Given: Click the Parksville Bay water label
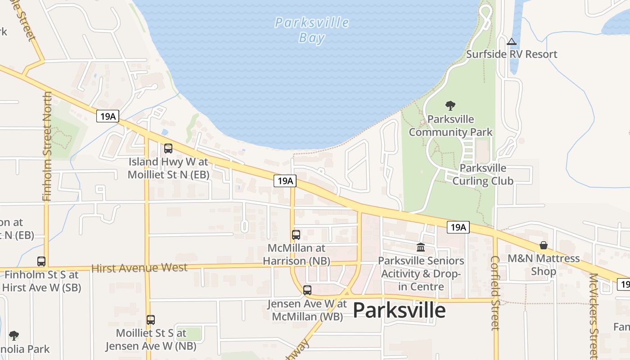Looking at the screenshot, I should click(x=311, y=30).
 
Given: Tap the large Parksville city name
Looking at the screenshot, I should click(x=399, y=310).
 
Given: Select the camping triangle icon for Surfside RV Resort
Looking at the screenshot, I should click(x=511, y=42).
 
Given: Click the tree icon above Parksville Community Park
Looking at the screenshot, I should click(x=450, y=106).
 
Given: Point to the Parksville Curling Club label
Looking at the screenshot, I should click(x=482, y=175).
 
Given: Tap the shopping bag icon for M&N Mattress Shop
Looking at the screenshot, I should click(x=544, y=245).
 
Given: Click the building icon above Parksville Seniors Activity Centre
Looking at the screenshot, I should click(x=421, y=247).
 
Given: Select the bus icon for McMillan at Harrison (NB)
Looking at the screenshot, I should click(x=296, y=234).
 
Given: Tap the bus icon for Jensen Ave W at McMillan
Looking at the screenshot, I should click(x=307, y=290).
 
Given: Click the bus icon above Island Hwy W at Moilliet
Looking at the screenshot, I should click(x=168, y=148).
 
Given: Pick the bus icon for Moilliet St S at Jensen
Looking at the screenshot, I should click(x=151, y=320).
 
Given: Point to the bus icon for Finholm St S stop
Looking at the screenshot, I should click(x=41, y=261).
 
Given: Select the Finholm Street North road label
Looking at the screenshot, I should click(x=47, y=146).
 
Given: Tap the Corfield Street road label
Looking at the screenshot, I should click(x=495, y=292).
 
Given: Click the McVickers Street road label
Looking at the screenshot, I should click(x=594, y=315).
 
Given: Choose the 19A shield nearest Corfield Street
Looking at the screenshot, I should click(x=458, y=227).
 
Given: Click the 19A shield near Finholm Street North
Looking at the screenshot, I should click(x=107, y=116).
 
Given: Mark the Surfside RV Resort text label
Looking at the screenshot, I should click(x=511, y=54).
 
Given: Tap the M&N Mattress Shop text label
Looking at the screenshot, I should click(x=544, y=265).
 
